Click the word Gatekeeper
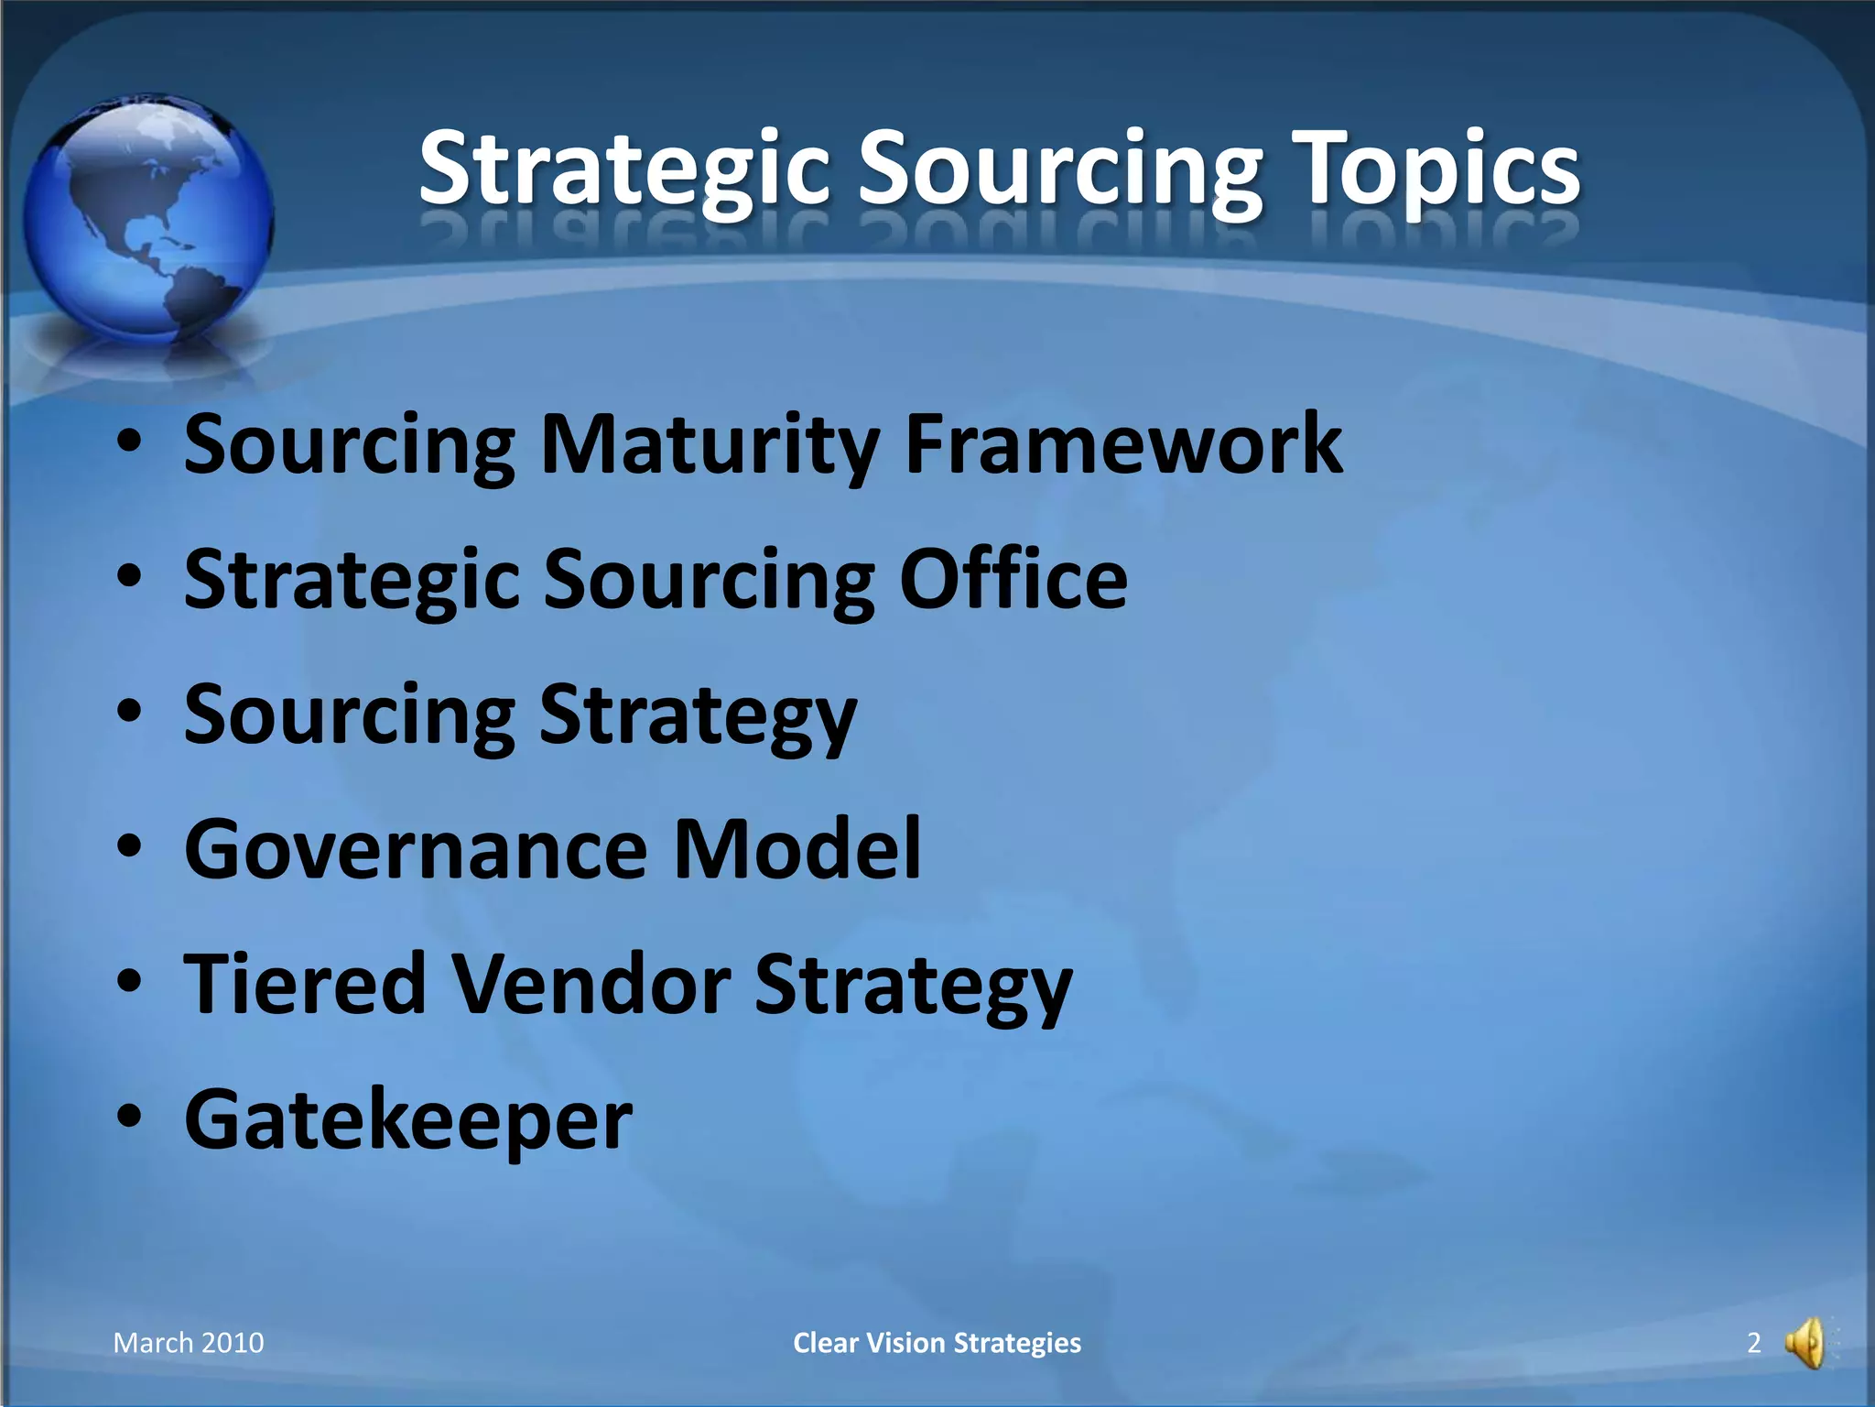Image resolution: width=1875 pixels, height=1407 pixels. (x=408, y=1119)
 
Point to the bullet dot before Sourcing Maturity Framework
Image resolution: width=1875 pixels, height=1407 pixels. (x=129, y=442)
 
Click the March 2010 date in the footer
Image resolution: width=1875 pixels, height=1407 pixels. (x=189, y=1343)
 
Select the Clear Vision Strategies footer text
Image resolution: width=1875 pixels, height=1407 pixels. (x=937, y=1343)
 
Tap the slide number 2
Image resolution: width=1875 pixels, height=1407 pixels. (x=1753, y=1343)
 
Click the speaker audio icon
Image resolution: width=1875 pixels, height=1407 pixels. (x=1806, y=1344)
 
